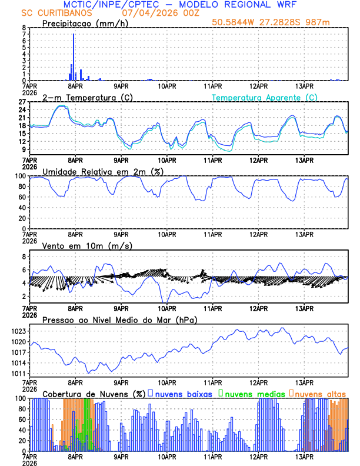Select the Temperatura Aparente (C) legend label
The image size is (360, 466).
265,97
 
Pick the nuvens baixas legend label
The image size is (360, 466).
184,394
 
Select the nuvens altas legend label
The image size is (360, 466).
320,394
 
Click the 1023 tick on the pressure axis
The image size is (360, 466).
18,331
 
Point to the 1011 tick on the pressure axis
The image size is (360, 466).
18,374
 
